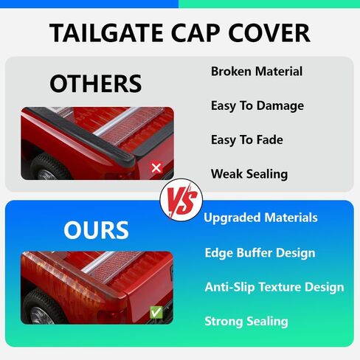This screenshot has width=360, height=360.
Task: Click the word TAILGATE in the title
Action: click(106, 32)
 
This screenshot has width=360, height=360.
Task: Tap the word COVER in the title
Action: click(269, 32)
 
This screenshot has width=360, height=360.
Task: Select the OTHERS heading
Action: click(95, 83)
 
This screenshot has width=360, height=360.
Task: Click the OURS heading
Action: click(96, 230)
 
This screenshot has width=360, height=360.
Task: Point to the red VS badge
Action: click(181, 200)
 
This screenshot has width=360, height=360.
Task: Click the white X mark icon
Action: click(156, 168)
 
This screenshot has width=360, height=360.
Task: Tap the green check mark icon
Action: click(156, 313)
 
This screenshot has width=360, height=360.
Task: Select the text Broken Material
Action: click(257, 72)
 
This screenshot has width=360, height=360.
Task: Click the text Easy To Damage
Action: click(257, 106)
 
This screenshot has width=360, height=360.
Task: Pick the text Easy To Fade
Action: click(247, 140)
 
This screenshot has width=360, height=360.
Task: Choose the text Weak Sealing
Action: click(249, 174)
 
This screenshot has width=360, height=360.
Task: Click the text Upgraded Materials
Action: click(260, 218)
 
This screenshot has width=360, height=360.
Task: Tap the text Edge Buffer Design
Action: click(260, 253)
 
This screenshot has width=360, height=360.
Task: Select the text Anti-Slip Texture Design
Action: click(274, 287)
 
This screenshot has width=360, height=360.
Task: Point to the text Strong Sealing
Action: click(246, 322)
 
